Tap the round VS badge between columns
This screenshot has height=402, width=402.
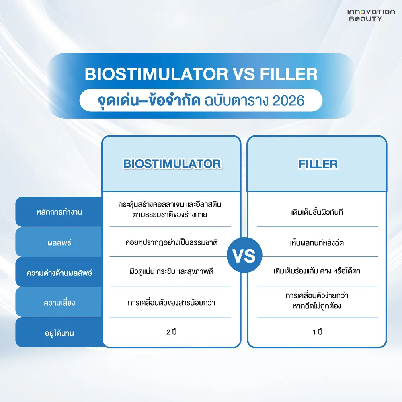click(244, 256)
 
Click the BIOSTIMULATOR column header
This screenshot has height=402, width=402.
click(172, 164)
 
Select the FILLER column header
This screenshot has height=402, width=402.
click(318, 164)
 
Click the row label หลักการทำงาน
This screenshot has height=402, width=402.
click(59, 212)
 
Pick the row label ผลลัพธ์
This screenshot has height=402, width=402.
click(59, 242)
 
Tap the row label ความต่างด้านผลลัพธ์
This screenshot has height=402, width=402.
click(59, 273)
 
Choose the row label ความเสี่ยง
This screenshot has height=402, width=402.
click(59, 303)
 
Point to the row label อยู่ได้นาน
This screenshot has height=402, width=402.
click(59, 333)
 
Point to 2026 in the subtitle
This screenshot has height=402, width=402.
click(287, 100)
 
